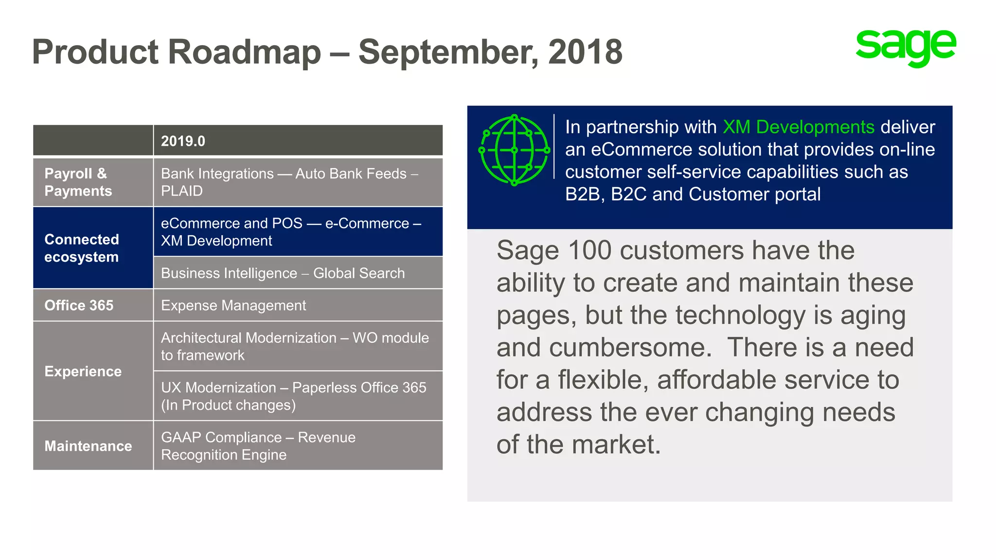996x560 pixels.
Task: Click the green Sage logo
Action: (906, 47)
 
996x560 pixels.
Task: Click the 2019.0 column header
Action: (183, 141)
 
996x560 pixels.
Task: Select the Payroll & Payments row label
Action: (78, 182)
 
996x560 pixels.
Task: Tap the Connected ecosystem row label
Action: (81, 248)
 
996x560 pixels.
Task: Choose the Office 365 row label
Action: (79, 305)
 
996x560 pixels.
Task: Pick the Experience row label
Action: (83, 371)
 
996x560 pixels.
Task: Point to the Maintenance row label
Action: (88, 446)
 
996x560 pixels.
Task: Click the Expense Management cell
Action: (233, 305)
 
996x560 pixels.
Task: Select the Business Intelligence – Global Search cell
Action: (283, 273)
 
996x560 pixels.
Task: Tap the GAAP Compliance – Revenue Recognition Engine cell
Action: (258, 446)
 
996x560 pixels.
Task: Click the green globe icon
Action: (515, 150)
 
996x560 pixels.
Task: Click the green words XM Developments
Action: (799, 127)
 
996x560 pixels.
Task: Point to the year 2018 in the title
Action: (585, 52)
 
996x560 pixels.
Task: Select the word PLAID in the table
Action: (182, 191)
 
